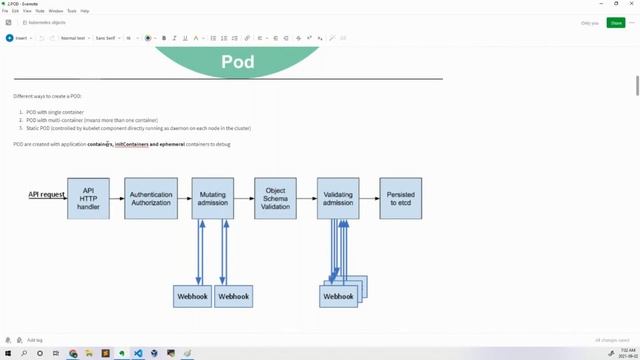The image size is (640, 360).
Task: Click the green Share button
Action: tap(615, 22)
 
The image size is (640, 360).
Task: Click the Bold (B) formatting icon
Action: tap(164, 38)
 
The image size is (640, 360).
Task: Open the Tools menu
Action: tap(71, 10)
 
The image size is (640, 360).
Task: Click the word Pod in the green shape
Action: tap(237, 62)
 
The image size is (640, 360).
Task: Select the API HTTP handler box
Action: tap(88, 198)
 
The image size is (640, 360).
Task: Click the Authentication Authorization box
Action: tap(151, 198)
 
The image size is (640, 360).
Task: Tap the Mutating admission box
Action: tap(212, 198)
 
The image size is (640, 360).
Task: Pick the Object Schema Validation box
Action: tap(275, 198)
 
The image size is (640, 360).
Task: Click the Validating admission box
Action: tap(338, 198)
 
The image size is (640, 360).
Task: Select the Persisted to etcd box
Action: tap(400, 198)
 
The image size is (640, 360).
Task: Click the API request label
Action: tap(46, 194)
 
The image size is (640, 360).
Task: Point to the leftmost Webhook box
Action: tap(192, 296)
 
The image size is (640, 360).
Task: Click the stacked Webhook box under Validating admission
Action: tap(339, 296)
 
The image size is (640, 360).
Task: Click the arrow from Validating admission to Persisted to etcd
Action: tap(369, 198)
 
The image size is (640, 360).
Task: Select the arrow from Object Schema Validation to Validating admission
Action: tap(307, 198)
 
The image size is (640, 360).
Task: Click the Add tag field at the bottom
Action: tap(34, 340)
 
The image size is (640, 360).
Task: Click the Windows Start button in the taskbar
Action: tap(6, 353)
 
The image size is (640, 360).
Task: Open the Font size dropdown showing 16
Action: tap(131, 38)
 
